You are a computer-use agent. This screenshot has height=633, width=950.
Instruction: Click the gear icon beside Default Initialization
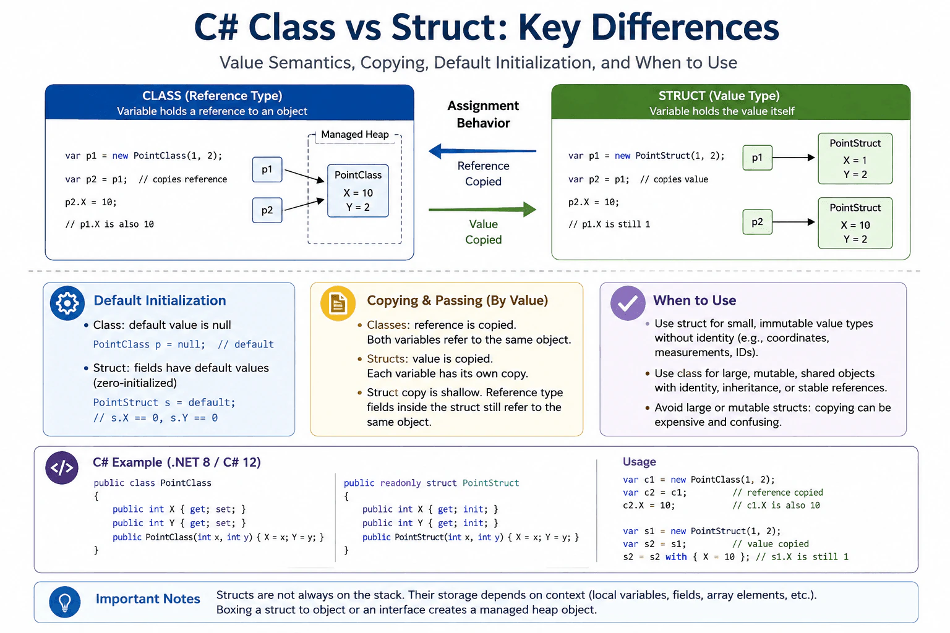[67, 303]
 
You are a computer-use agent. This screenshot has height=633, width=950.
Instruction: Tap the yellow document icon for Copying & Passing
[338, 303]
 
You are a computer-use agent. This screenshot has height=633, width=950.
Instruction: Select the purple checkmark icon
[628, 303]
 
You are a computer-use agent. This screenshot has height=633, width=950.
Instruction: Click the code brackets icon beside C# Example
[62, 468]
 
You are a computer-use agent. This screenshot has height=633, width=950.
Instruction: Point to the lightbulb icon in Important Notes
[65, 602]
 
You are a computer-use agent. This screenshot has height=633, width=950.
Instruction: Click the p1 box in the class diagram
[267, 169]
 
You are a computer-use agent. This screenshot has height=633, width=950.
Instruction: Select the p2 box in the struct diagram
[758, 222]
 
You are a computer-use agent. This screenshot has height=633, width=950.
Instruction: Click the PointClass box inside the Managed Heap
[358, 191]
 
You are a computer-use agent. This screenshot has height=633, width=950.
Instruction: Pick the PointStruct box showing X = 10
[855, 223]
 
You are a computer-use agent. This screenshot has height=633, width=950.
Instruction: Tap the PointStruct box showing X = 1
[855, 159]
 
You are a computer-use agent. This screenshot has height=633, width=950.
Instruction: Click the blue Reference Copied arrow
[482, 151]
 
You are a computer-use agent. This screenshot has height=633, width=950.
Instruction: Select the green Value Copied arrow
[482, 210]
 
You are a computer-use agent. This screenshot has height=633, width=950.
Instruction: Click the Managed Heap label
[355, 134]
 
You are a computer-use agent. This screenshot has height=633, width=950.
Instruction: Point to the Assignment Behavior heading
[483, 114]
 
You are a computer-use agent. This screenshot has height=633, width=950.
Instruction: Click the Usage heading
[639, 462]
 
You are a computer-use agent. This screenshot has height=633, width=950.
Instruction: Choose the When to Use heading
[695, 300]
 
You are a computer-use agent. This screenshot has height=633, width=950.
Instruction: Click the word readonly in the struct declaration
[400, 483]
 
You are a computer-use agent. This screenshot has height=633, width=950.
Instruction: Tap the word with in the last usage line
[676, 557]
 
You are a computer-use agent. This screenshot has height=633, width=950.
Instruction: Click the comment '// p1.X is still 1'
[609, 224]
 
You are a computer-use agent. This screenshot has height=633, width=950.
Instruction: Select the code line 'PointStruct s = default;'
[164, 402]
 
